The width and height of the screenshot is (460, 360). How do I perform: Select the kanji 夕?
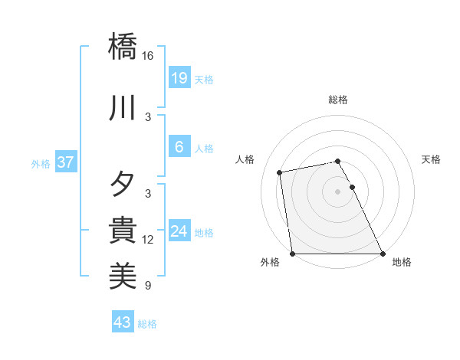(x=123, y=185)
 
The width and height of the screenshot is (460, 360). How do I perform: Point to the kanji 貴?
(x=123, y=231)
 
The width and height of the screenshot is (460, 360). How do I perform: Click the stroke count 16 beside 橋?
(x=148, y=56)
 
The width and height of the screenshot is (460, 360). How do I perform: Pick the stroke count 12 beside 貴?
(x=148, y=240)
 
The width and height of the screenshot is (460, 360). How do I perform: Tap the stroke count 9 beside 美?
(x=148, y=286)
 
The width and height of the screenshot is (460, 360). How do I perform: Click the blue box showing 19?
(x=179, y=78)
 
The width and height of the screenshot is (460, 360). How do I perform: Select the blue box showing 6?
(x=179, y=147)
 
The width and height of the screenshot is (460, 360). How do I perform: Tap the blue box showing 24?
(x=179, y=231)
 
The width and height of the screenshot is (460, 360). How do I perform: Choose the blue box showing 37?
(x=65, y=162)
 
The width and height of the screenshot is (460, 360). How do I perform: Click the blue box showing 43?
(x=122, y=322)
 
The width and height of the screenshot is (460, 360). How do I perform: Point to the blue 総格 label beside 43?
(x=147, y=324)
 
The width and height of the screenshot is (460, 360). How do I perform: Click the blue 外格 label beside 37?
(x=40, y=163)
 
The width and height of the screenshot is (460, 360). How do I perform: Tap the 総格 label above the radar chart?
(x=337, y=100)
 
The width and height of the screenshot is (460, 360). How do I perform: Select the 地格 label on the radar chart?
(x=402, y=263)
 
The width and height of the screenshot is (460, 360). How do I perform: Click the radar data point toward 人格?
(x=281, y=172)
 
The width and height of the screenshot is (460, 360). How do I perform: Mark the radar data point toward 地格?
(x=382, y=253)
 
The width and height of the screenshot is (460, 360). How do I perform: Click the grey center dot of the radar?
(x=337, y=191)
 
